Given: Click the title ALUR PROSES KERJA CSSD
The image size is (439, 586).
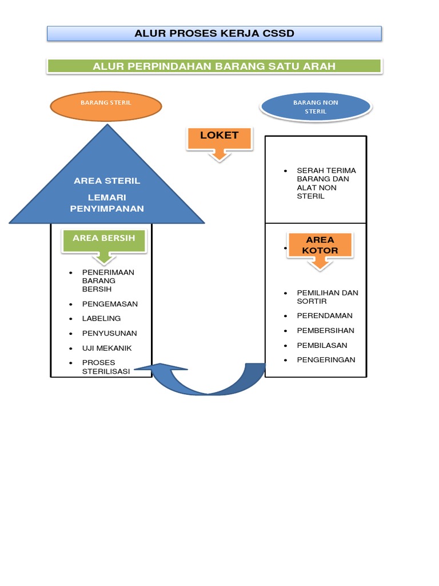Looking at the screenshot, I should (214, 34).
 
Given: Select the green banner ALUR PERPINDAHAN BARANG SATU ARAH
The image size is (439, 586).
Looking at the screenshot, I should (214, 66).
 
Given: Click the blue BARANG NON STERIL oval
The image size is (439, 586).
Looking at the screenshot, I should (316, 106).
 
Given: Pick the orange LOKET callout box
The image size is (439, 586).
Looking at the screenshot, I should (219, 136).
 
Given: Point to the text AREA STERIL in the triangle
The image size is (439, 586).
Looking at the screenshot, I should (107, 181).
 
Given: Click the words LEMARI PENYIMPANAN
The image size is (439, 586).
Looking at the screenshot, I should (107, 204).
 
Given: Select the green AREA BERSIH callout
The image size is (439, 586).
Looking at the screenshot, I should (104, 238).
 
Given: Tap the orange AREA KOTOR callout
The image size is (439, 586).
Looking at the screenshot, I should (321, 245).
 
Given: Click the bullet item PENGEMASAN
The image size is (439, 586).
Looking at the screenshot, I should (110, 304).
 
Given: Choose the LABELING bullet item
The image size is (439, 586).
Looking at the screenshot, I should (101, 319).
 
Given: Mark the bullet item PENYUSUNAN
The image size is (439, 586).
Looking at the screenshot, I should (110, 333).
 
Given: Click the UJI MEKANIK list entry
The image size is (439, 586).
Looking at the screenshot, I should (107, 348).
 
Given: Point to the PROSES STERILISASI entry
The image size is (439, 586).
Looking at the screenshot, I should (106, 367).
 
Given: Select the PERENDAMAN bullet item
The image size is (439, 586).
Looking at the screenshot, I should (324, 316).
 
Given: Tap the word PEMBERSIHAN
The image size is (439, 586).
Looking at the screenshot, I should (325, 331).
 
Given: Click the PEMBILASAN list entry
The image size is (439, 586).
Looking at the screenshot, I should (322, 346).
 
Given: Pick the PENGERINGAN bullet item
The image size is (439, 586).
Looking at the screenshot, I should (326, 360).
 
